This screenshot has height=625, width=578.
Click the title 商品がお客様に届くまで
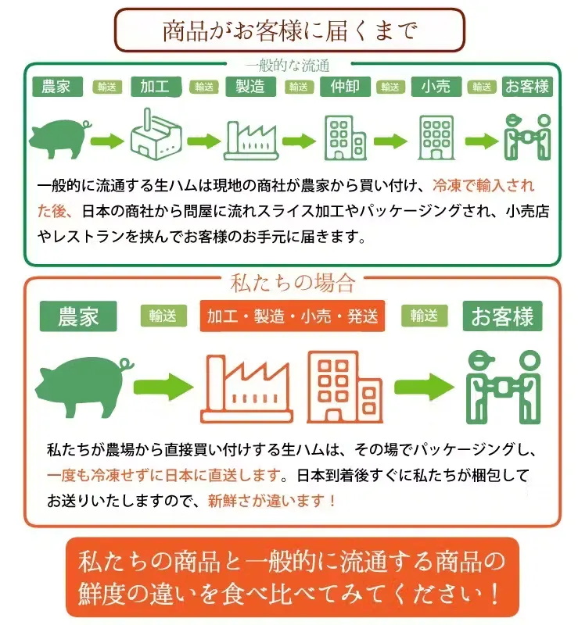[289, 31]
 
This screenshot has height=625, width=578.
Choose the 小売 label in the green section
[435, 87]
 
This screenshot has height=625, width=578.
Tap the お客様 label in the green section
[526, 87]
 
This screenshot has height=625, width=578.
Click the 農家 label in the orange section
[78, 316]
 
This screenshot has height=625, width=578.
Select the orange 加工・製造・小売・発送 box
[293, 316]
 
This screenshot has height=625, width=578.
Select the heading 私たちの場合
[293, 281]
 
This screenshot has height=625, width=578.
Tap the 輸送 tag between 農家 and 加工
[107, 87]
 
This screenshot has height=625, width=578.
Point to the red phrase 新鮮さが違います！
[272, 501]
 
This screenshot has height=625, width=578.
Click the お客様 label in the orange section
[502, 316]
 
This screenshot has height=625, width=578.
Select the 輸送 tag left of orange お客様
[424, 316]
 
